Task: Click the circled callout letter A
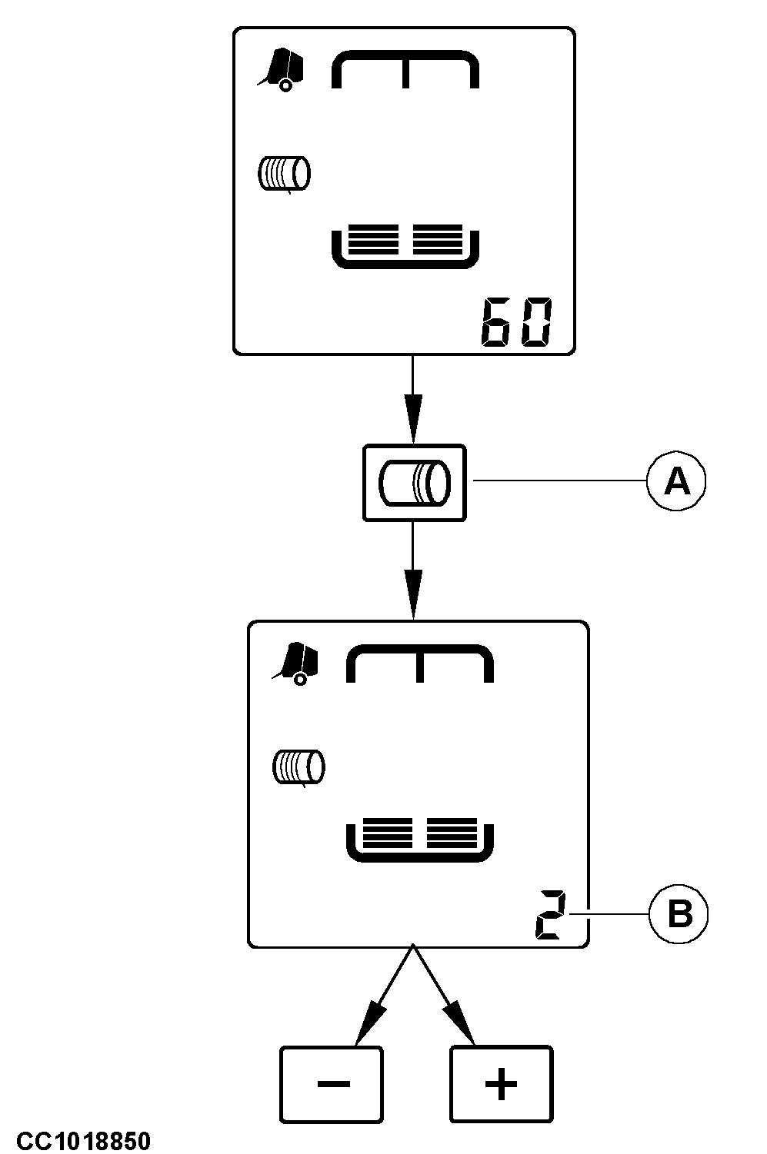[676, 481]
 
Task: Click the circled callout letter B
[679, 915]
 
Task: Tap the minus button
[332, 1084]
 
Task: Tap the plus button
[501, 1084]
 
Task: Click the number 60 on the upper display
[516, 322]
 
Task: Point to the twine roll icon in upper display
[283, 174]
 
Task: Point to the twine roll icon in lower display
[299, 767]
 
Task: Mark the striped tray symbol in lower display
[420, 841]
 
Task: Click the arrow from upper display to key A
[414, 400]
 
